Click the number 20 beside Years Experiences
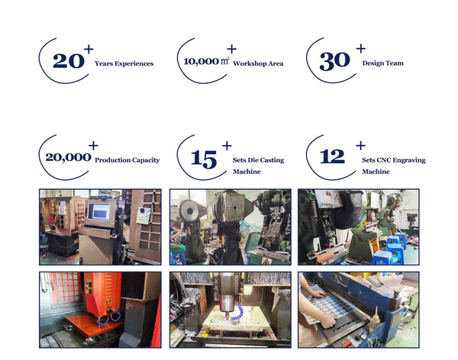click(68, 62)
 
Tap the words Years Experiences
click(124, 64)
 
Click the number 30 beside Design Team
click(334, 62)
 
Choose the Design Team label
click(382, 63)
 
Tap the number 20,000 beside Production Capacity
click(68, 158)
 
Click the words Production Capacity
click(127, 160)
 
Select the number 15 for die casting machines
click(204, 159)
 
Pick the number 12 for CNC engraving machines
click(332, 157)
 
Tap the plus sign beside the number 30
click(360, 50)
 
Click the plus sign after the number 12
click(360, 145)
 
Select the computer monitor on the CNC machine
click(99, 212)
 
